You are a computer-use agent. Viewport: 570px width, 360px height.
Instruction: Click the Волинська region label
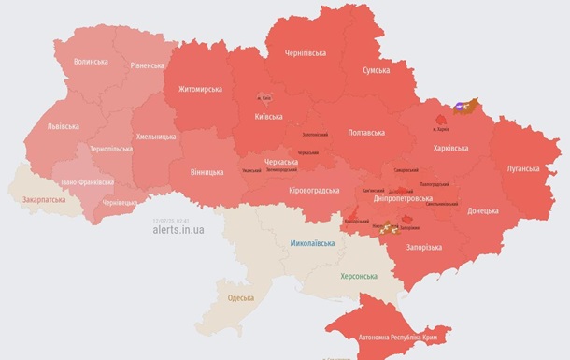91,62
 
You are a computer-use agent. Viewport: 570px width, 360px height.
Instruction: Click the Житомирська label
199,90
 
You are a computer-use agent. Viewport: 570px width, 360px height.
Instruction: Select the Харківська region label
458,148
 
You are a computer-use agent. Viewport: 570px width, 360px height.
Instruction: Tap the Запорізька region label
425,247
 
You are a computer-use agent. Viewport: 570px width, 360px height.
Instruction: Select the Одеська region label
241,298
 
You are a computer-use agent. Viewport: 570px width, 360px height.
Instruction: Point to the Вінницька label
206,173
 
